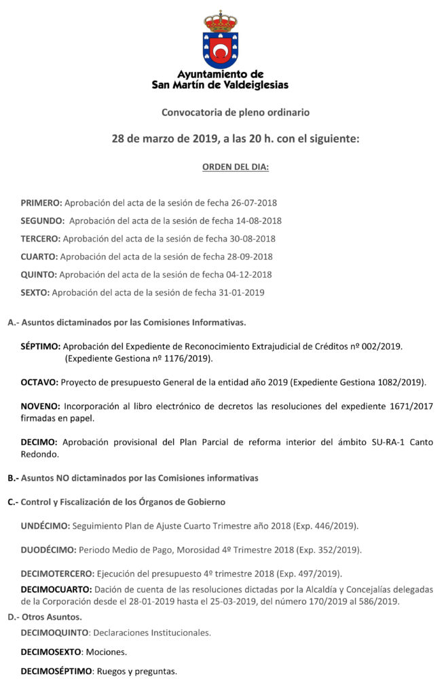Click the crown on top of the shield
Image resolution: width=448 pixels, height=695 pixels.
pyautogui.click(x=221, y=20)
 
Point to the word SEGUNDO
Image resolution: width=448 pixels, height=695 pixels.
pyautogui.click(x=42, y=221)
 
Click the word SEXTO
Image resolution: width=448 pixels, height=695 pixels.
pyautogui.click(x=35, y=293)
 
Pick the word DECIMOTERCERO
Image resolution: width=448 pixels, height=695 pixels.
pyautogui.click(x=57, y=574)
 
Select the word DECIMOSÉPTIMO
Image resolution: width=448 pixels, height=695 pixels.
pyautogui.click(x=56, y=672)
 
